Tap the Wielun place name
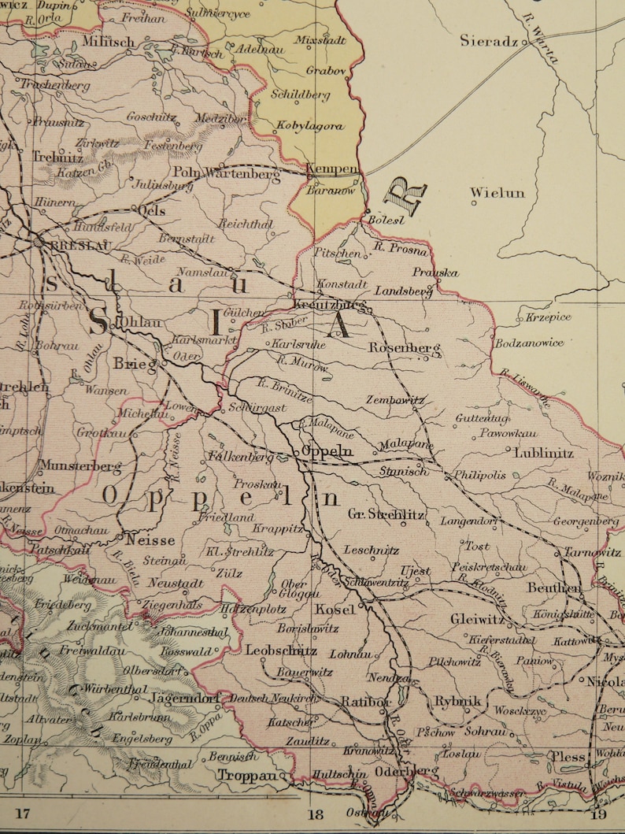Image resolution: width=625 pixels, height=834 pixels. tap(497, 192)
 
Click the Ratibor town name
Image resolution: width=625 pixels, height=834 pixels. tap(366, 701)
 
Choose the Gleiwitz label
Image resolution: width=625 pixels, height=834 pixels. tap(477, 620)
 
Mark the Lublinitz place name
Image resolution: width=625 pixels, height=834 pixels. tap(544, 454)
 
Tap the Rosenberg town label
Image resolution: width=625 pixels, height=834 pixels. tap(405, 347)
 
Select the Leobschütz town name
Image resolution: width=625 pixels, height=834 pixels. tap(281, 651)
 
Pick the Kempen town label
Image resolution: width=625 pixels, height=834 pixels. tap(331, 169)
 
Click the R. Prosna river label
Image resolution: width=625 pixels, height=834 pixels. tap(401, 250)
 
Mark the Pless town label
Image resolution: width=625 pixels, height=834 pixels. tap(568, 757)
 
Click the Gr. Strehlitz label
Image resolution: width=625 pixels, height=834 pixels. tap(386, 515)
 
